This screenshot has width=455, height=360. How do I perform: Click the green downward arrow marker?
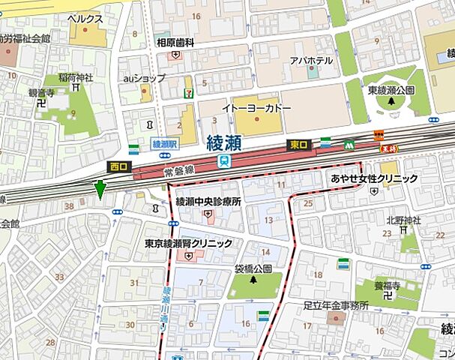(100, 190)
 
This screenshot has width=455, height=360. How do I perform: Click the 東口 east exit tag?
(298, 145)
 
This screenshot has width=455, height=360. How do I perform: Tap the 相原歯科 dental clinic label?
(175, 43)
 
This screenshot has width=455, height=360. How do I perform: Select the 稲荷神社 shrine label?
(75, 77)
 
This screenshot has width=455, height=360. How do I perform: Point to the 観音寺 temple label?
(42, 93)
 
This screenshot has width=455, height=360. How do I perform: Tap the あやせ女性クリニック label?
(373, 178)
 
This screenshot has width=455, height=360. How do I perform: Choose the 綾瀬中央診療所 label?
(208, 202)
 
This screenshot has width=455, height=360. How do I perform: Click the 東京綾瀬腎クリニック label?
(188, 244)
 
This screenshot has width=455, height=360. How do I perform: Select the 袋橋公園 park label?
(253, 268)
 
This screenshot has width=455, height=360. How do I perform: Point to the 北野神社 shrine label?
(404, 220)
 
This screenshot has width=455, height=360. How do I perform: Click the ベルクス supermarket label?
(85, 16)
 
